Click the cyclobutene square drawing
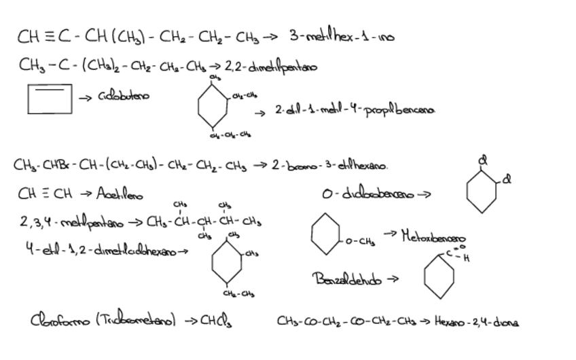[50, 98]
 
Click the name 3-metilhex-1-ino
[342, 37]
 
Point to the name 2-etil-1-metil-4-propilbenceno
[355, 109]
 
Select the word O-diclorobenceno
[369, 194]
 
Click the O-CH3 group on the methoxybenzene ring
[358, 241]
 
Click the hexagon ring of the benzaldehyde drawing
[439, 276]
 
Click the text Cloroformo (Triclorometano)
[103, 319]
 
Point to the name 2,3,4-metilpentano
[67, 222]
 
